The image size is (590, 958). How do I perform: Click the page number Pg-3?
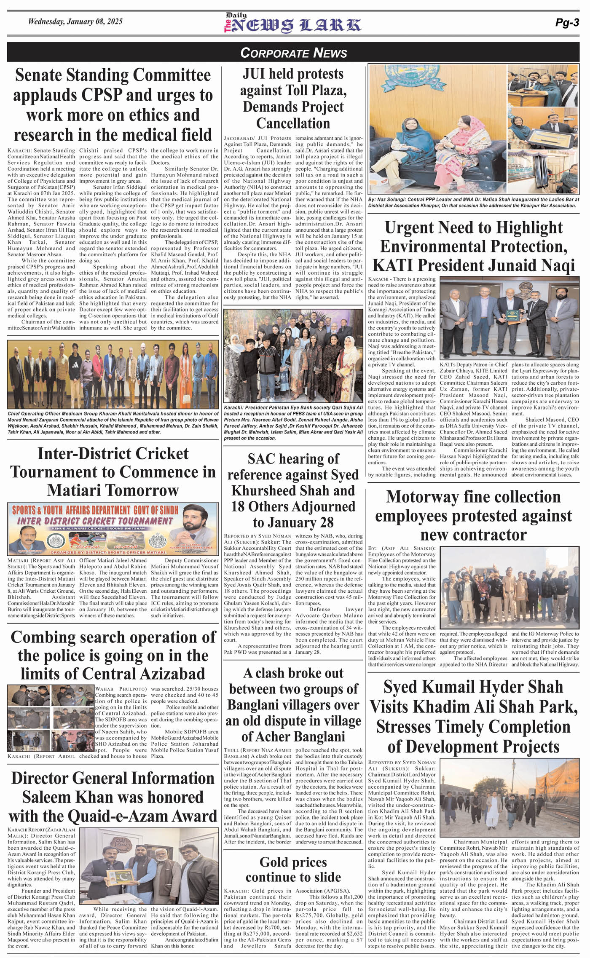(x=567, y=23)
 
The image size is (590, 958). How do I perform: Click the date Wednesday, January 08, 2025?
(x=75, y=21)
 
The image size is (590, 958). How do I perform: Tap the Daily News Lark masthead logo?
(x=292, y=24)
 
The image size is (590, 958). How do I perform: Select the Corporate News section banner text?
(x=293, y=53)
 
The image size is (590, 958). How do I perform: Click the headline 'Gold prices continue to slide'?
(x=293, y=870)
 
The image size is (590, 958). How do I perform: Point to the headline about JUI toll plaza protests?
(x=293, y=98)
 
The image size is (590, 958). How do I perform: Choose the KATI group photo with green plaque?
(x=509, y=318)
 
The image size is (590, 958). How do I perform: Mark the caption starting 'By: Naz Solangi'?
(x=472, y=203)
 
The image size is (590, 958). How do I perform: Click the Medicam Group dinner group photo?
(x=113, y=374)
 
